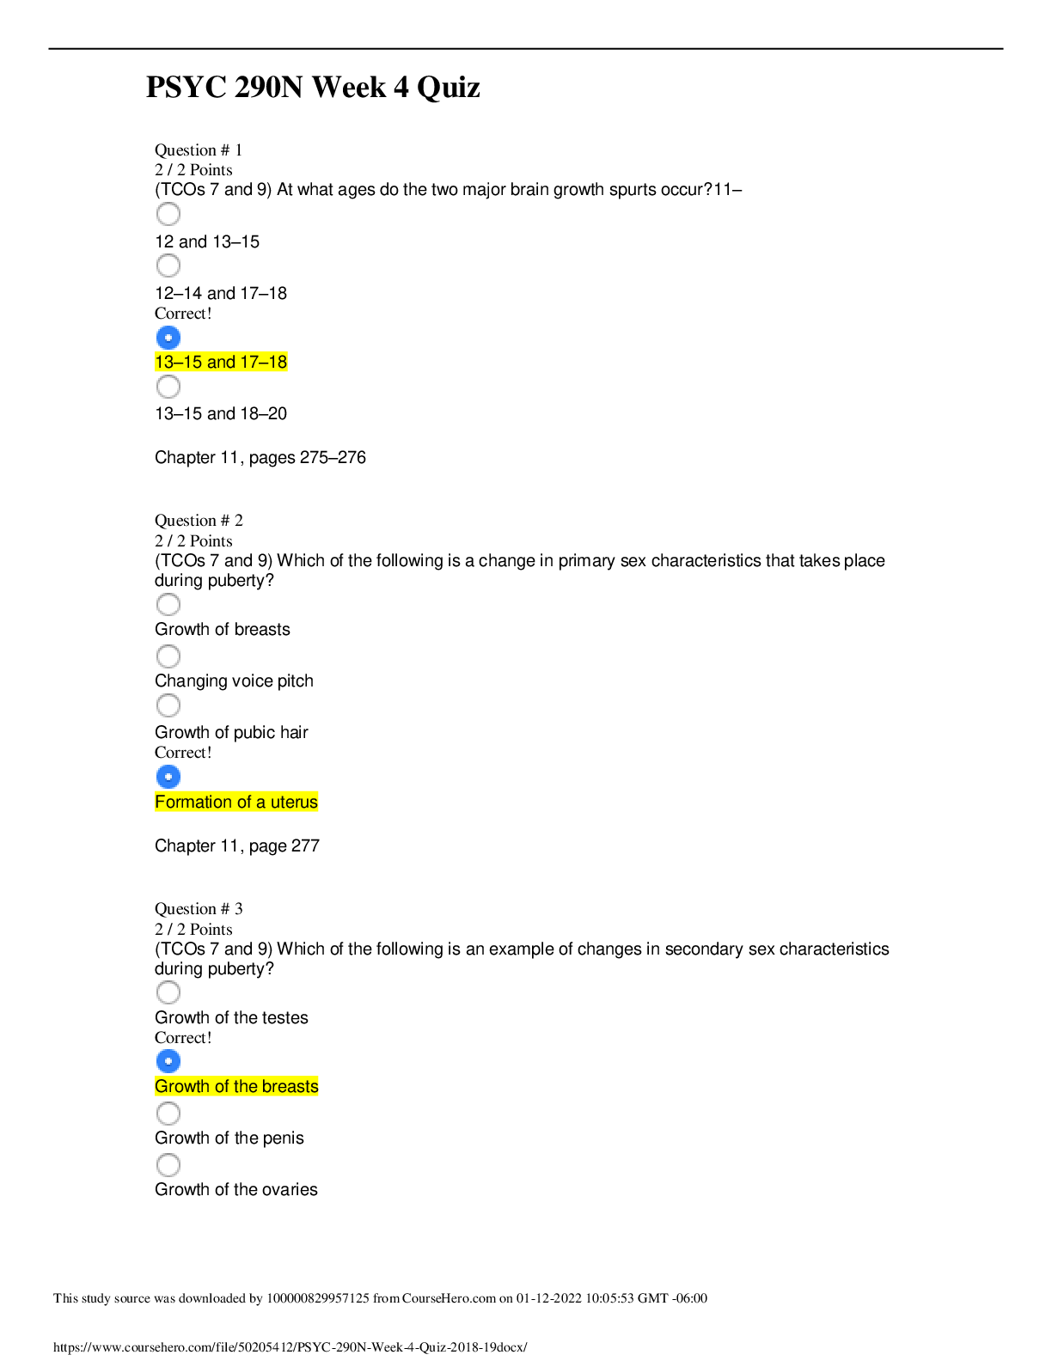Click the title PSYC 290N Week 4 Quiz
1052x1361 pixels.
pos(313,87)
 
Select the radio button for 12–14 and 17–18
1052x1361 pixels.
pos(168,265)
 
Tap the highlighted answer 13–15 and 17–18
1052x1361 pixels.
pos(221,362)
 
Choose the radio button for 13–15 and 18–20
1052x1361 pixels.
pos(168,387)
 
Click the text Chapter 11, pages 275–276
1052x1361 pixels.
pos(260,458)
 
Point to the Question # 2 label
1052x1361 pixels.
pos(199,521)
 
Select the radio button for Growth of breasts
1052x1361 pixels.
pos(168,604)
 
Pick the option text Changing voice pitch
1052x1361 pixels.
pos(234,680)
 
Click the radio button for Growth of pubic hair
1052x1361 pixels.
pos(168,705)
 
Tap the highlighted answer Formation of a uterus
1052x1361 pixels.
pos(236,802)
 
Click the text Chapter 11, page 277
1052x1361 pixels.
pos(237,846)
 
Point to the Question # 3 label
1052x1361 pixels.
pos(199,909)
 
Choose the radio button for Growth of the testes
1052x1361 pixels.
pos(168,992)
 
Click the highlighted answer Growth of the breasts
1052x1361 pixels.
pos(236,1086)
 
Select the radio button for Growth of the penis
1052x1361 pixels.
pos(168,1113)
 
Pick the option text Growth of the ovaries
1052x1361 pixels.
pos(235,1189)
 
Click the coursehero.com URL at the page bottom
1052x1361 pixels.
pos(291,1347)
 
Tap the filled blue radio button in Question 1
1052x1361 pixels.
pos(168,338)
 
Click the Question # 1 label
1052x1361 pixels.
pos(198,150)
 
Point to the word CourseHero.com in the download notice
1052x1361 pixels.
pos(449,1298)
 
